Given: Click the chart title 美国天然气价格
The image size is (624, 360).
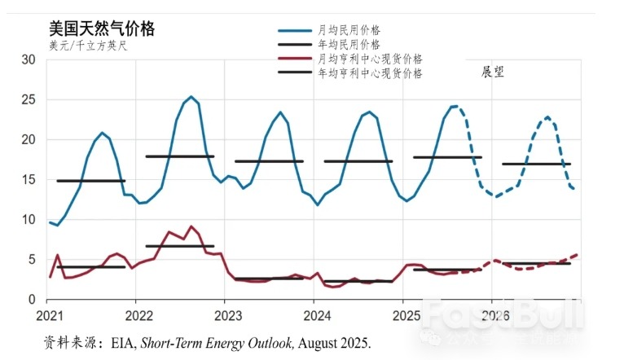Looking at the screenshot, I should click(102, 29).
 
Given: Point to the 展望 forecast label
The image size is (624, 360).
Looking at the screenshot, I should click(493, 72).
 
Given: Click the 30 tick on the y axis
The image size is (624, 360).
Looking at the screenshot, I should click(29, 59).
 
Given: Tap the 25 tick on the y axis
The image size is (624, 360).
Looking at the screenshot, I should click(29, 99).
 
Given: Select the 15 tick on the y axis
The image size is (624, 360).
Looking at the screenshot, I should click(29, 179).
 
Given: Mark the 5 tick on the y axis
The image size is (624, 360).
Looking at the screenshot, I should click(32, 260).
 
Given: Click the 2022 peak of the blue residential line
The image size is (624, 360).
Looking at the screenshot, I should click(191, 97).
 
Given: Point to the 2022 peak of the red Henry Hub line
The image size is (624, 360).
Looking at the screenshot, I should click(191, 227).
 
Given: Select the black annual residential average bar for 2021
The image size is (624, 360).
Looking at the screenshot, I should click(90, 181).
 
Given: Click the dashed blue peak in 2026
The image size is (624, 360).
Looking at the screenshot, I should click(547, 117).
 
